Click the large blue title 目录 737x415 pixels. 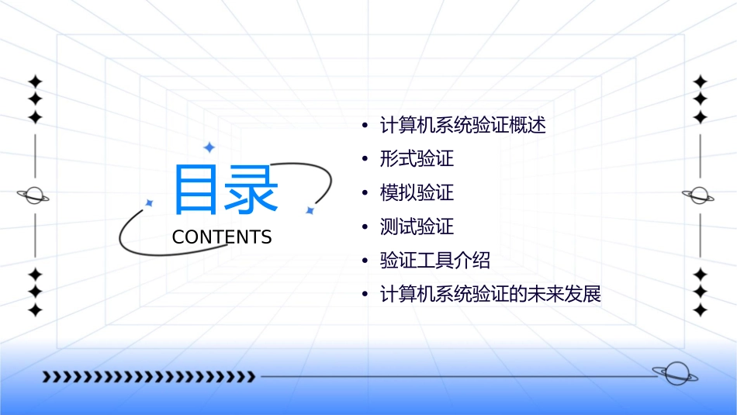(225, 189)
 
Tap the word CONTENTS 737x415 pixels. (222, 237)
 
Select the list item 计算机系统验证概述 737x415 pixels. (463, 125)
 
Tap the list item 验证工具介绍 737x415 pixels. (435, 261)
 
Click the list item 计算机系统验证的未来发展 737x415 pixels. (490, 295)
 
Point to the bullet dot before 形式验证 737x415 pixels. (365, 160)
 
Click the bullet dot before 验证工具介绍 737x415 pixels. (365, 261)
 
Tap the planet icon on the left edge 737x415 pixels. (34, 195)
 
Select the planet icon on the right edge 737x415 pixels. (700, 195)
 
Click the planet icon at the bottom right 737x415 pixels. (674, 374)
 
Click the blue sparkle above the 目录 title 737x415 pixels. (208, 147)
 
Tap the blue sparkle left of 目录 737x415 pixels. (150, 202)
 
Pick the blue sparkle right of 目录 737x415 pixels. (310, 210)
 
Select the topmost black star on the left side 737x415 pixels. (35, 81)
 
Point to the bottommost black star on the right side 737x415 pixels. (701, 310)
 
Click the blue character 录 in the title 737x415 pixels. (251, 189)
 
